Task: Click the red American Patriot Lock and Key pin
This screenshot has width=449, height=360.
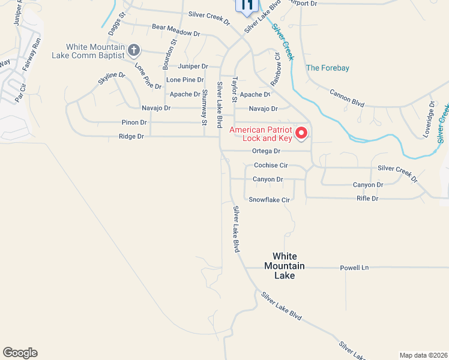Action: (301, 133)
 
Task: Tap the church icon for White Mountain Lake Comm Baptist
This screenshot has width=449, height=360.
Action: (134, 50)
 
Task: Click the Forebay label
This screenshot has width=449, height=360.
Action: (327, 68)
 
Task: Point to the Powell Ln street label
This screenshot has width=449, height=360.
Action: (354, 268)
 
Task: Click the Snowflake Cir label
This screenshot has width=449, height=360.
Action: (270, 199)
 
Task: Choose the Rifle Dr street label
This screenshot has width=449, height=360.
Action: (367, 198)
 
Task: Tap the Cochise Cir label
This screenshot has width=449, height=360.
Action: (271, 165)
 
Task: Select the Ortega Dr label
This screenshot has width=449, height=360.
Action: (266, 151)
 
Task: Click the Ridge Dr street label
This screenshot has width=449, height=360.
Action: (132, 137)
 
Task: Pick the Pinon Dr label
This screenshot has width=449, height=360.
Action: (135, 122)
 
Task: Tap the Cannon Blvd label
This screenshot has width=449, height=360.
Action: (347, 98)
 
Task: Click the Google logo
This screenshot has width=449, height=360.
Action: (20, 353)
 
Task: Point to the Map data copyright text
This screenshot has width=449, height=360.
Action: (423, 355)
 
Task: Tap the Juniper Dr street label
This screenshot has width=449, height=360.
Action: (193, 66)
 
